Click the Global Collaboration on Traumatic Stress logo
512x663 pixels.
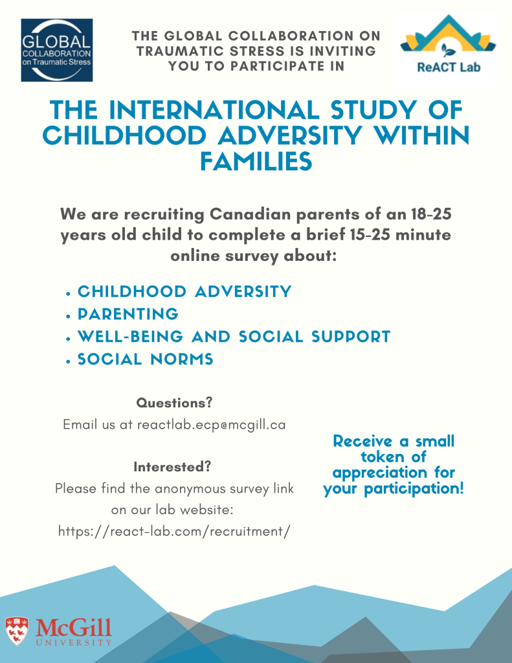pyautogui.click(x=56, y=50)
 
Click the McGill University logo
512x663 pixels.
pyautogui.click(x=58, y=631)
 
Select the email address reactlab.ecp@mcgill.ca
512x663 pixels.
pyautogui.click(x=211, y=425)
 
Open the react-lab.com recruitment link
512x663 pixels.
pyautogui.click(x=174, y=531)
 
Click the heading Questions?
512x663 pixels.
pyautogui.click(x=174, y=403)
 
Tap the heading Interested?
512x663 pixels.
pyautogui.click(x=173, y=466)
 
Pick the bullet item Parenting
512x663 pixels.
pyautogui.click(x=128, y=314)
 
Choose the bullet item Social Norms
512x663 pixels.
pyautogui.click(x=145, y=359)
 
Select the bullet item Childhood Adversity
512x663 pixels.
pyautogui.click(x=184, y=291)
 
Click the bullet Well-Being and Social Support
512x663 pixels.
pyautogui.click(x=234, y=337)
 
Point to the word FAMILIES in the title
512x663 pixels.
pyautogui.click(x=256, y=162)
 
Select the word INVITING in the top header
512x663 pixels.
pyautogui.click(x=349, y=51)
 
